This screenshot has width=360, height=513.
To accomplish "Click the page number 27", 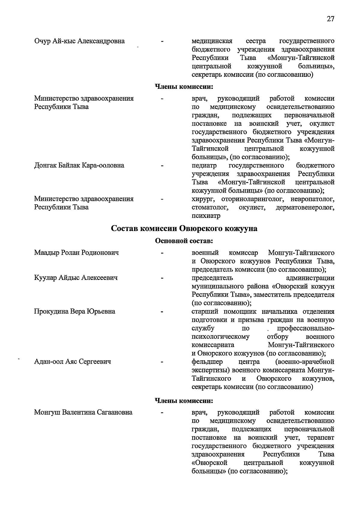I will [x=330, y=19].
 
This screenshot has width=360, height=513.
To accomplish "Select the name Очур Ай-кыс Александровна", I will [x=79, y=41].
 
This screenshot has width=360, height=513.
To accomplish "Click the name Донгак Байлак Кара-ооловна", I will [x=79, y=166].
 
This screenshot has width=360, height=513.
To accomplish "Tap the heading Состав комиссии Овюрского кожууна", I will [x=184, y=229].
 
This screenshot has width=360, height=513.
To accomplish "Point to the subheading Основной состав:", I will [x=184, y=241].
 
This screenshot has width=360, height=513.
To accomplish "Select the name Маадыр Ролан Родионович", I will [x=76, y=253].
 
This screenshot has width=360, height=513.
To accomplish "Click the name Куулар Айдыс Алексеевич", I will [x=76, y=278].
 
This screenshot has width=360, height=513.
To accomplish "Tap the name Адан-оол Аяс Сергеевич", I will [x=73, y=362].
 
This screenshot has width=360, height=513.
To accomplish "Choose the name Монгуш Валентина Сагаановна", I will [x=83, y=412].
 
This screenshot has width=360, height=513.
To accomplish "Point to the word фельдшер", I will [x=207, y=362].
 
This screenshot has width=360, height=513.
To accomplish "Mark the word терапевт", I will [x=321, y=438].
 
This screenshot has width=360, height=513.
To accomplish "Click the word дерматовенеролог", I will [x=305, y=208].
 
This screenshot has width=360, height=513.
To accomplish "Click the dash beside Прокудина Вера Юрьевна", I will [x=162, y=312].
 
